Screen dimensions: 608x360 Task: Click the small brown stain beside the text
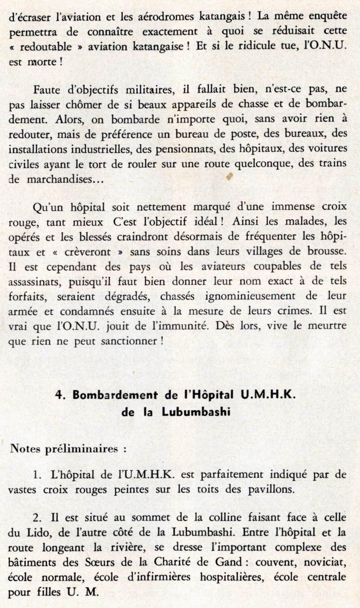coord(229,177)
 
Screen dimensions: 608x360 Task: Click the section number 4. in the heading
coord(61,395)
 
